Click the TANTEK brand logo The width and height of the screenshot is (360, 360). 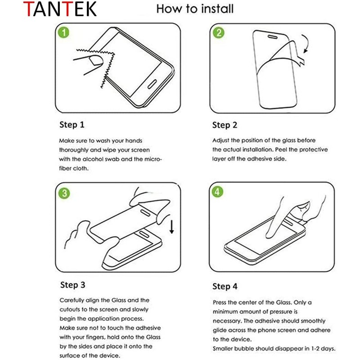(60, 9)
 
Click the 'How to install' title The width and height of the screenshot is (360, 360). (195, 9)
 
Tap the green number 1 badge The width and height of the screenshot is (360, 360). (63, 32)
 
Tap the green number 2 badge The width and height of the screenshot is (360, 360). (218, 32)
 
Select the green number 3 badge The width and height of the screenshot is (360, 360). (64, 193)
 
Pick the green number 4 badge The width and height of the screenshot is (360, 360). (218, 192)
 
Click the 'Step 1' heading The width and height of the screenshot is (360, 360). (72, 125)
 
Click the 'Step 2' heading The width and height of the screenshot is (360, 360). (225, 125)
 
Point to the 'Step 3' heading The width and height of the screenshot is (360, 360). (72, 285)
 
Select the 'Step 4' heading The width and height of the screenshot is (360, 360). (225, 286)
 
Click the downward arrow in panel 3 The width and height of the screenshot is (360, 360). (171, 227)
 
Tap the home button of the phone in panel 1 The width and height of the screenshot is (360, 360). (152, 84)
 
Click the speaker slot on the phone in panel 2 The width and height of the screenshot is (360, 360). (273, 37)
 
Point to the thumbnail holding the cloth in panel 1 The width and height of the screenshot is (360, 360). (96, 61)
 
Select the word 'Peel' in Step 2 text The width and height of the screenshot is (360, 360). (281, 150)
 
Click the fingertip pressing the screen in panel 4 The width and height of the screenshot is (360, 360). (269, 235)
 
